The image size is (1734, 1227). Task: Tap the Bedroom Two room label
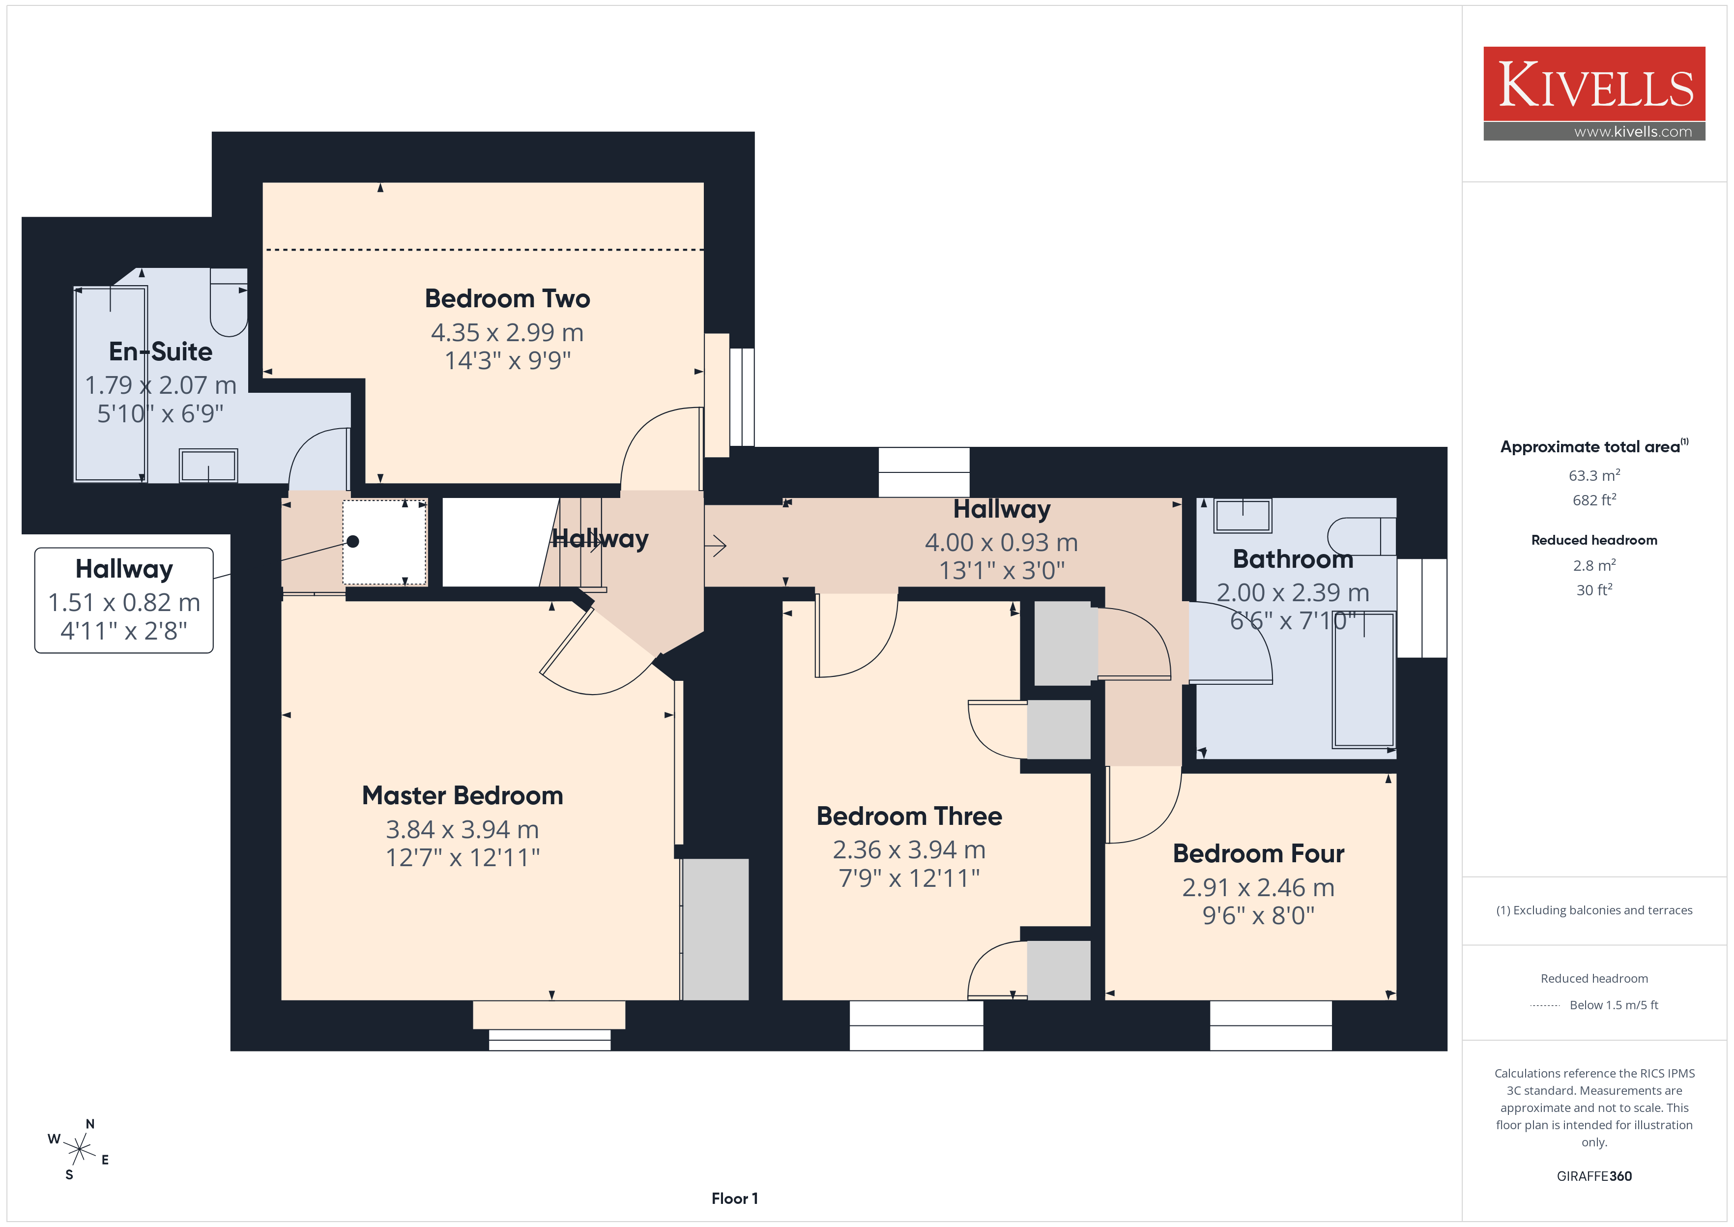[508, 298]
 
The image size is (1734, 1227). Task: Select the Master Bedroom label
[462, 795]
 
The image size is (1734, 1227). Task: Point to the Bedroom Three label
[909, 816]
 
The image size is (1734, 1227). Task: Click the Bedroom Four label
[1258, 854]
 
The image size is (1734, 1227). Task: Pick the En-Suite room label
[160, 351]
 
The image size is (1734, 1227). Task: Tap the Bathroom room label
[1293, 559]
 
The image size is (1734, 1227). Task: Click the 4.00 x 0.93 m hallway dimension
[1002, 543]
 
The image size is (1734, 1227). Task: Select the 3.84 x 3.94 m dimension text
[462, 830]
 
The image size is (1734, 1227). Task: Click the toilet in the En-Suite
[228, 302]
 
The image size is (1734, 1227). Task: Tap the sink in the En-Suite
[208, 466]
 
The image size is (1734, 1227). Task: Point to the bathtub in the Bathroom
[1363, 680]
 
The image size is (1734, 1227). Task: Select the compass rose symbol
[79, 1150]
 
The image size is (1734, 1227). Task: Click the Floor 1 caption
[734, 1198]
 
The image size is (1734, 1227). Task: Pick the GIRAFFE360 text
[1593, 1175]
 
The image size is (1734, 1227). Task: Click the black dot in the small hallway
[353, 541]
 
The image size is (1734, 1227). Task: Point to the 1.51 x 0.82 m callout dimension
[124, 602]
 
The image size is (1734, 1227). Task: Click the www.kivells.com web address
[1633, 131]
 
